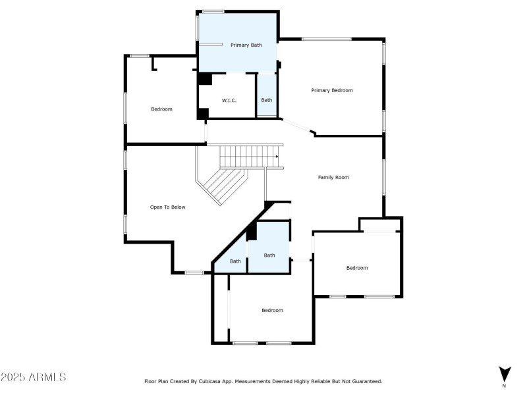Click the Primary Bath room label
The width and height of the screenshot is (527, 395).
246,45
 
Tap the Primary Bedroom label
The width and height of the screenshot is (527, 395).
332,90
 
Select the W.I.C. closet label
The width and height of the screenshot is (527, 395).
229,100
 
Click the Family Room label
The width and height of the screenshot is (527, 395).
333,177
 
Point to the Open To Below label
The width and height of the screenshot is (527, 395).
167,207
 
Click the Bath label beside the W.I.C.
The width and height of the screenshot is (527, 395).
266,100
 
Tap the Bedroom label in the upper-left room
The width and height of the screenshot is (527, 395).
161,109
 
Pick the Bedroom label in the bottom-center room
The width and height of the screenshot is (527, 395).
272,310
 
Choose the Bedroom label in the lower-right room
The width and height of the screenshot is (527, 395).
357,268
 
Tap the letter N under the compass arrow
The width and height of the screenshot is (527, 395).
505,386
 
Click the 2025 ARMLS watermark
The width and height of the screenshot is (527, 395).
34,378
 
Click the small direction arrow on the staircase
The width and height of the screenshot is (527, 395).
277,156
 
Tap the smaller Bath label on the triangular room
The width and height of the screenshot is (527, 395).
235,261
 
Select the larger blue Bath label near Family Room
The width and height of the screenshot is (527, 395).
269,255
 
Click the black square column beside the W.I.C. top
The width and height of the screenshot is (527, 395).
205,78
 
